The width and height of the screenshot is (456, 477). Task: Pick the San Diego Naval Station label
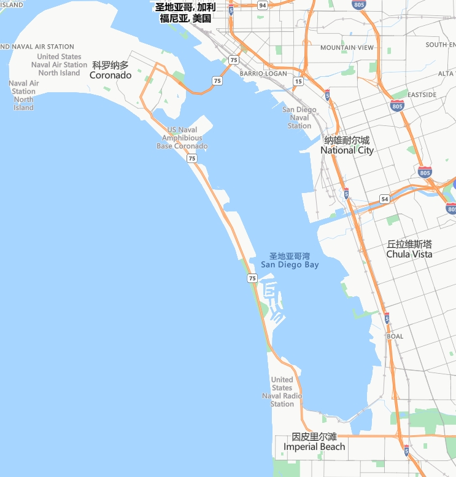(299, 117)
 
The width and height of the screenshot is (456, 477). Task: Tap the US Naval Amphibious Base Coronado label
(182, 138)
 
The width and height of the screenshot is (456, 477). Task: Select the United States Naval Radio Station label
(282, 392)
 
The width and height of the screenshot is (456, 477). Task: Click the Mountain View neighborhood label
(347, 47)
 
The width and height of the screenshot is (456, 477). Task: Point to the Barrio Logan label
(263, 73)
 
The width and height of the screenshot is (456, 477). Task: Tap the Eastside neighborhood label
(422, 95)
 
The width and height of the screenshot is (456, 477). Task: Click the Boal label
(395, 336)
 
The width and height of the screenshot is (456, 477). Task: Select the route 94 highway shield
(263, 5)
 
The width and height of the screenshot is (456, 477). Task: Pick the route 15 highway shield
(298, 81)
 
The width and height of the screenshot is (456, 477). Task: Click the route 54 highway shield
(384, 199)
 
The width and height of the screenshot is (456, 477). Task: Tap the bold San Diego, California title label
(185, 12)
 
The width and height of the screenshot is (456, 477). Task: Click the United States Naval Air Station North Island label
(59, 65)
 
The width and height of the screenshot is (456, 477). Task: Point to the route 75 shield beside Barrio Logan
(233, 60)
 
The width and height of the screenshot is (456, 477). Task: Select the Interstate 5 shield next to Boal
(387, 318)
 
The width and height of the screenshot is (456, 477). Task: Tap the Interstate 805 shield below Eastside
(397, 106)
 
